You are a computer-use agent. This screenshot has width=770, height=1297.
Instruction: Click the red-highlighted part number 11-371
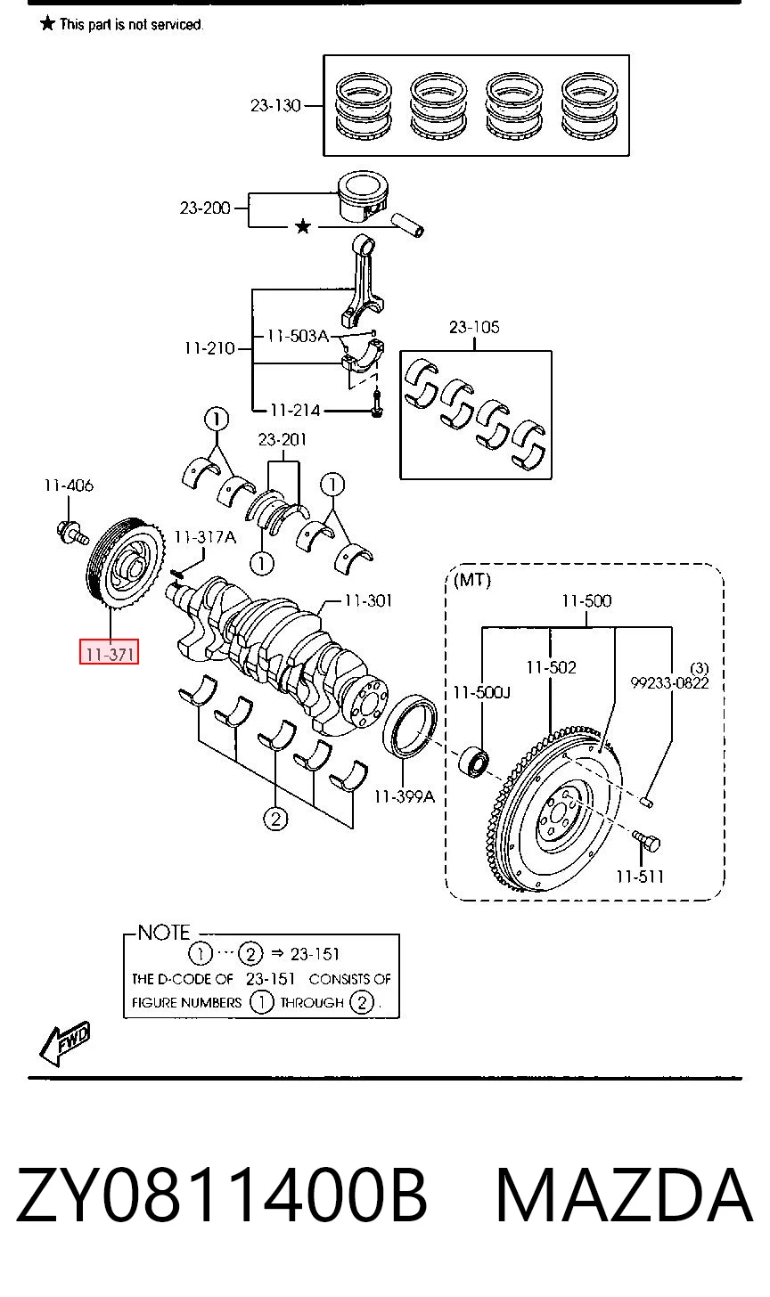click(110, 654)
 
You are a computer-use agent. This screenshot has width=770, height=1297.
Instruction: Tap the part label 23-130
click(275, 105)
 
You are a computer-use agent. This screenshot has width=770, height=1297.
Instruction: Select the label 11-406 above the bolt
click(69, 485)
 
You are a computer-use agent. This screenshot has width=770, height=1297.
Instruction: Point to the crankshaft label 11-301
click(368, 600)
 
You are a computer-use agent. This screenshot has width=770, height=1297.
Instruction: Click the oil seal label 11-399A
click(404, 796)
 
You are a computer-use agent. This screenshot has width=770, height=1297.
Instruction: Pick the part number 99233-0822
click(669, 683)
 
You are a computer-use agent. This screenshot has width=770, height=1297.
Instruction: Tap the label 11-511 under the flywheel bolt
click(639, 877)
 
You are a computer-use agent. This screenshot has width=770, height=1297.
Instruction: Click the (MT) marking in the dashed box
click(472, 580)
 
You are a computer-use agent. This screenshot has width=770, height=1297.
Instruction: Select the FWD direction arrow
click(65, 1042)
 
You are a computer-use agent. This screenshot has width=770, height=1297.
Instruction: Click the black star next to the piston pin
click(302, 226)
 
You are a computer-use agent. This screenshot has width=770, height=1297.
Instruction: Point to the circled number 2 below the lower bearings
click(275, 819)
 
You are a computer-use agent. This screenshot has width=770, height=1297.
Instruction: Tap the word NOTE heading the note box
click(164, 932)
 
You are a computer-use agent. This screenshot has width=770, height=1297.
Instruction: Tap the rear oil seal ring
click(409, 725)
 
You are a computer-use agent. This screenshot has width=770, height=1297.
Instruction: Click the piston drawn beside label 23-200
click(364, 196)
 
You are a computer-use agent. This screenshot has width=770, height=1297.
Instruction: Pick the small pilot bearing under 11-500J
click(473, 763)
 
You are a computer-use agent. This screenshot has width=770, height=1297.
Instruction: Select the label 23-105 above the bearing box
click(474, 327)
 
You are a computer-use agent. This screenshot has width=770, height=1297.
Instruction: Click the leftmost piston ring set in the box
click(364, 105)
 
